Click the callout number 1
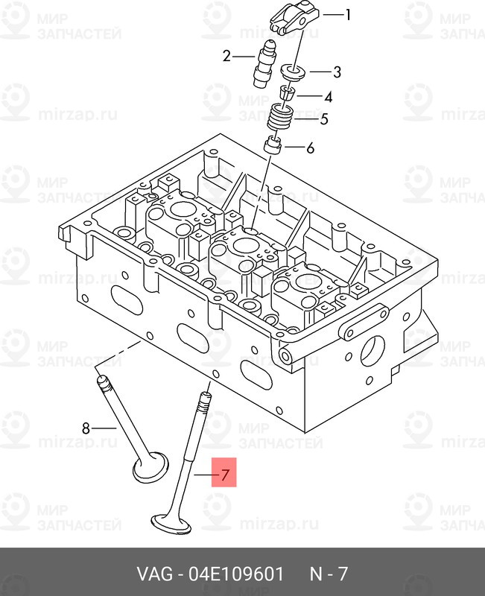point(347,15)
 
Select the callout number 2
point(226,57)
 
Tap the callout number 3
point(337,72)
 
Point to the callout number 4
point(329,97)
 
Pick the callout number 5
point(324,119)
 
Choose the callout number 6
point(311,148)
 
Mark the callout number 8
point(86,428)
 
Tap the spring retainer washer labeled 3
point(294,72)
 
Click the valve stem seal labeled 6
point(273,145)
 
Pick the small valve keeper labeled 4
point(288,92)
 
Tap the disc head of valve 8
point(150,466)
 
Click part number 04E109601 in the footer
point(236,574)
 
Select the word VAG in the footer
point(154,574)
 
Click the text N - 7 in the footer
point(329,574)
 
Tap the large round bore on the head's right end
point(373,351)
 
